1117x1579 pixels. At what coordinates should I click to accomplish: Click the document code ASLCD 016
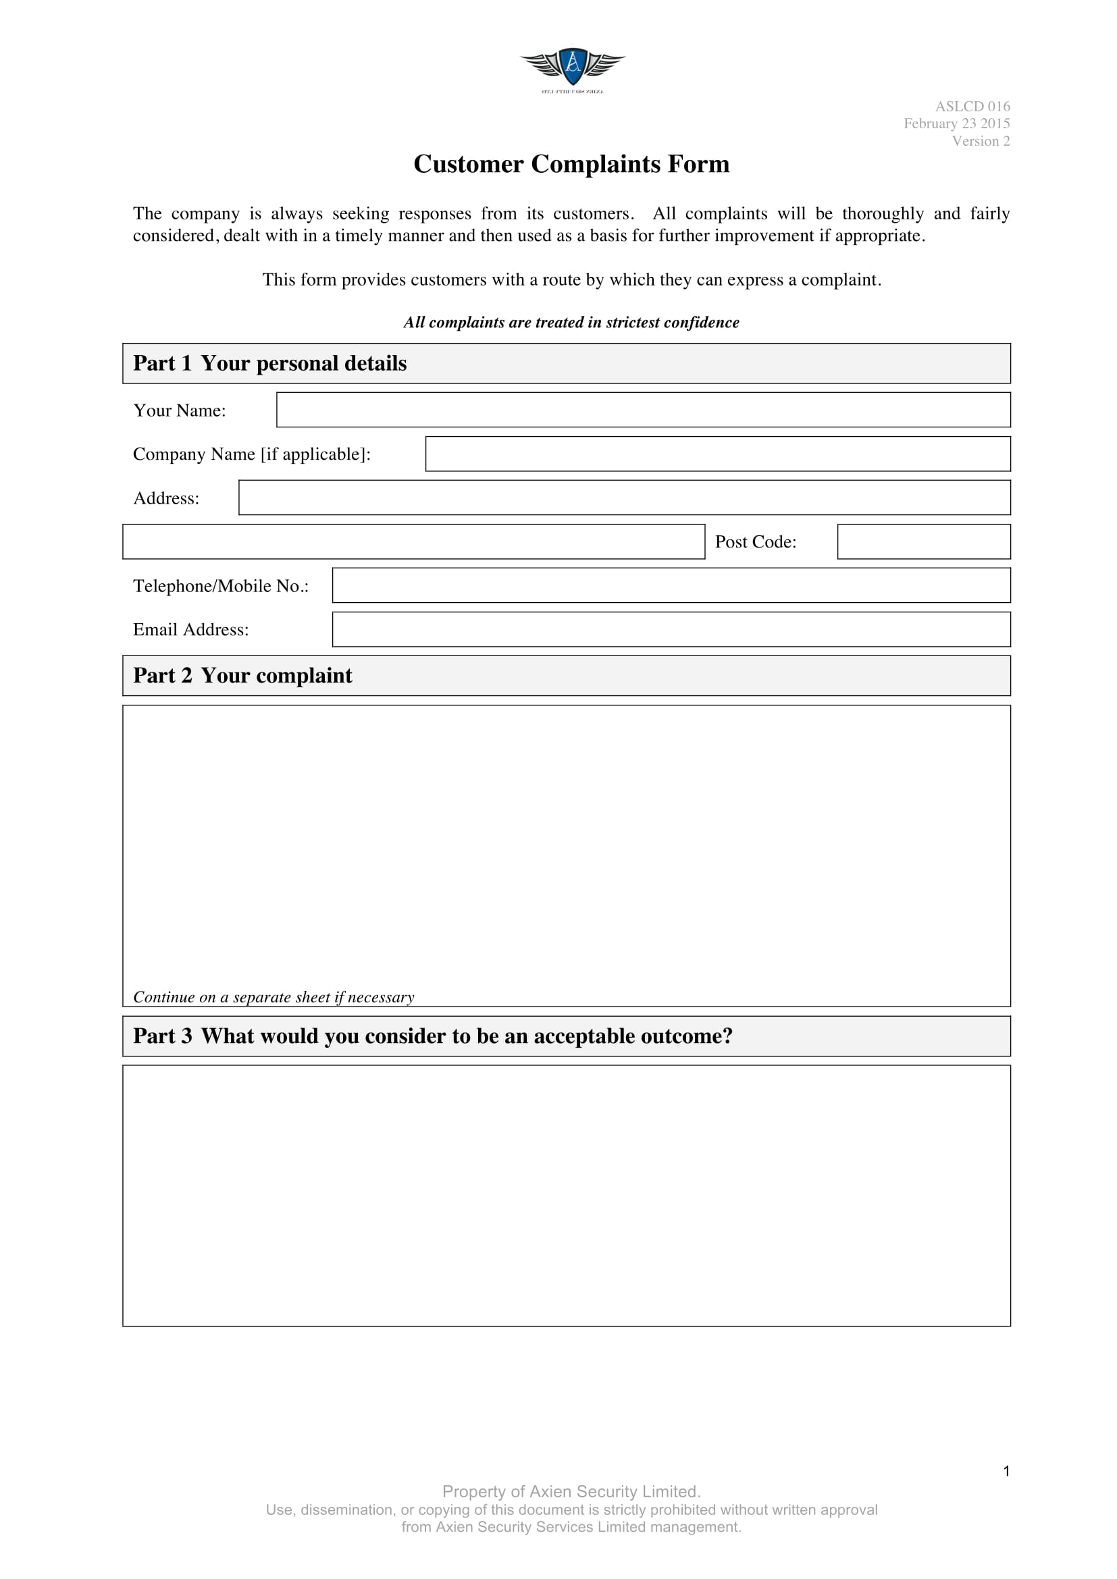point(972,107)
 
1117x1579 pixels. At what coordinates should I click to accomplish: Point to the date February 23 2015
point(956,124)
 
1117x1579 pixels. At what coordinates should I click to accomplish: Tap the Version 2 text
point(980,141)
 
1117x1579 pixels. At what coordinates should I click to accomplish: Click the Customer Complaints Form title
point(571,164)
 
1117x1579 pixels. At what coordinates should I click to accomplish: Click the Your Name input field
point(643,410)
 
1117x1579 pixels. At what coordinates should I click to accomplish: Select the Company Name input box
point(717,454)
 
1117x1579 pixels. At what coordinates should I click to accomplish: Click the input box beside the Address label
point(624,498)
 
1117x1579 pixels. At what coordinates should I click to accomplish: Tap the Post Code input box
point(923,542)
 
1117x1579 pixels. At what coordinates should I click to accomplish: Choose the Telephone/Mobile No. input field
point(671,585)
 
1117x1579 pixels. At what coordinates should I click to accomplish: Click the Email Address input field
point(671,629)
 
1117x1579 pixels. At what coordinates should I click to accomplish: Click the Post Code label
point(755,542)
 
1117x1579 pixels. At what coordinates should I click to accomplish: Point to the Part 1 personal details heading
point(269,363)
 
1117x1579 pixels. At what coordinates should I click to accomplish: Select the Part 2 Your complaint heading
point(242,675)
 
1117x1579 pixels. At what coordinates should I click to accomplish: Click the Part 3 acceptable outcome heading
point(433,1036)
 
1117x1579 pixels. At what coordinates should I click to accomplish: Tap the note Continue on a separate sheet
point(273,997)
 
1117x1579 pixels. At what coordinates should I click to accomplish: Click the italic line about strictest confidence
point(571,323)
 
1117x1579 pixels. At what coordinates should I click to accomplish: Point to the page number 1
point(1006,1471)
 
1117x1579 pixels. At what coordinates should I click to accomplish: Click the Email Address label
point(190,629)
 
